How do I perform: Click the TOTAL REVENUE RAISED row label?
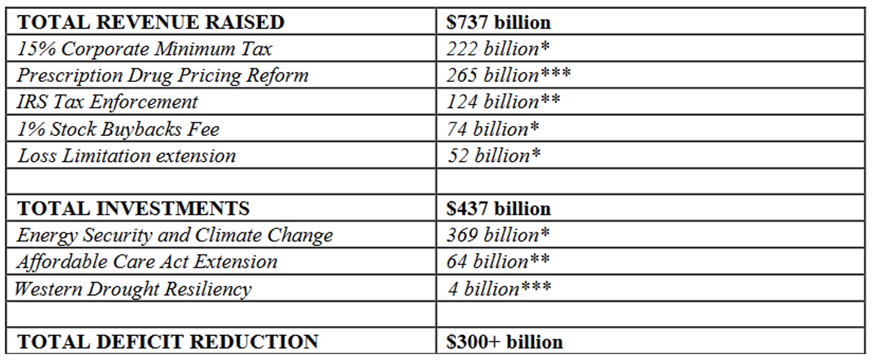pos(152,22)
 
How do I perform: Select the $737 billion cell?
pos(498,22)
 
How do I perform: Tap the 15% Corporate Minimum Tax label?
pos(144,49)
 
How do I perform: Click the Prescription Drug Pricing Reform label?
pos(163,75)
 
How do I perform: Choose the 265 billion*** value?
pos(509,75)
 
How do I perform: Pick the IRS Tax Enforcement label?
pos(108,102)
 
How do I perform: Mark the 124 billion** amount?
pos(503,102)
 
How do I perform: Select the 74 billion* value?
pos(493,128)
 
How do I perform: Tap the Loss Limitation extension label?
pos(127,156)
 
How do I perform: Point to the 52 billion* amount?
pos(494,156)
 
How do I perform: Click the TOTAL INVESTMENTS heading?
pos(134,209)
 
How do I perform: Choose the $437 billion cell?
pos(498,209)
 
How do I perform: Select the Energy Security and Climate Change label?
pos(175,235)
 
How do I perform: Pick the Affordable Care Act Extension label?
pos(147,262)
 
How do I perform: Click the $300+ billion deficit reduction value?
pos(504,342)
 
